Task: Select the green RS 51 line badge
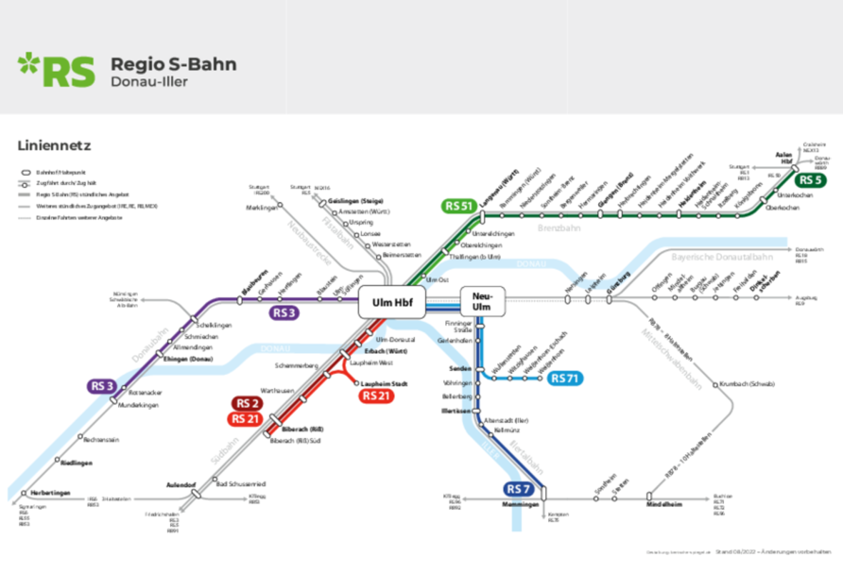point(459,206)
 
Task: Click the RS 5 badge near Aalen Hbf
point(810,180)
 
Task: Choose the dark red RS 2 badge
point(247,403)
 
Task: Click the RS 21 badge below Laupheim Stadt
point(376,396)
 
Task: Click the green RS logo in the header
point(56,69)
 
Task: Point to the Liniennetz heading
point(54,146)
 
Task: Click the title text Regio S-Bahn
point(173,64)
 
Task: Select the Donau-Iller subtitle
point(149,82)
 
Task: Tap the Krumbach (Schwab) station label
point(747,384)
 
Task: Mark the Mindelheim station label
point(664,504)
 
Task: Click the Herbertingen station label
point(50,494)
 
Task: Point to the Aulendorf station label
point(181,484)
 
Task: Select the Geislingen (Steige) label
point(356,200)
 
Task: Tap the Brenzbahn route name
point(559,227)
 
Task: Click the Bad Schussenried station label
point(241,484)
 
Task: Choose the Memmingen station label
point(520,504)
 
